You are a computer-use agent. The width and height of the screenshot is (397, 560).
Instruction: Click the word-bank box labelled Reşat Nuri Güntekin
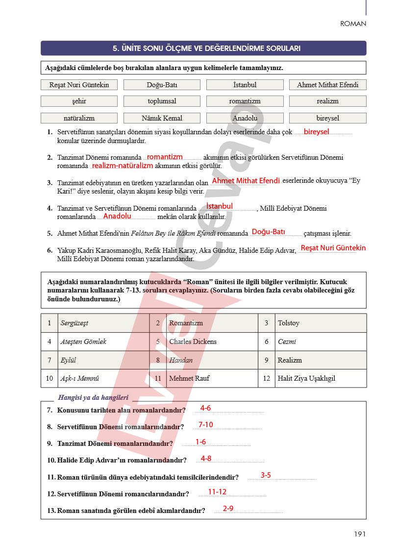[x=79, y=85]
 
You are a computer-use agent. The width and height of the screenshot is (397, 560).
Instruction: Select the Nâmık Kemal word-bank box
[x=162, y=118]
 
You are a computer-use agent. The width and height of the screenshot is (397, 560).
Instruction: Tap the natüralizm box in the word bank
[x=79, y=118]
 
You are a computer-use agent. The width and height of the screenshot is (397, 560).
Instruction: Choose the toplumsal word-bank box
[x=162, y=101]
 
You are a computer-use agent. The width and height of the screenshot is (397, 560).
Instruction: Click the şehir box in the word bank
[x=79, y=101]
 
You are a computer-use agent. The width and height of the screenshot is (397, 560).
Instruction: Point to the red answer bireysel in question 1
[x=316, y=132]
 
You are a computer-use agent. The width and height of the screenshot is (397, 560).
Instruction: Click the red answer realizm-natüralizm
[x=123, y=166]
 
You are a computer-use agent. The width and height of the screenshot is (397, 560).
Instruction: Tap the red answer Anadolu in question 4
[x=117, y=216]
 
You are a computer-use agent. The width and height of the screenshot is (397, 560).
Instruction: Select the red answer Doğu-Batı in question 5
[x=269, y=232]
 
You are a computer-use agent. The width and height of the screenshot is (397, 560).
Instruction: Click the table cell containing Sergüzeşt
[x=103, y=323]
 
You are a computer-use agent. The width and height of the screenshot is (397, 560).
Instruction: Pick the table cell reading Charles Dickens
[x=212, y=341]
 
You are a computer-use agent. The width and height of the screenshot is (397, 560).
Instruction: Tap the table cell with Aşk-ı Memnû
[x=103, y=378]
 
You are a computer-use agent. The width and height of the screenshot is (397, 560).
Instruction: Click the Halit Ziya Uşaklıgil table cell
[x=320, y=378]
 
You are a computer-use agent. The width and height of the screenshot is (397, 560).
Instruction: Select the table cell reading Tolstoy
[x=320, y=323]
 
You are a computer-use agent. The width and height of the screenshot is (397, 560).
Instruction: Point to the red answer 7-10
[x=206, y=425]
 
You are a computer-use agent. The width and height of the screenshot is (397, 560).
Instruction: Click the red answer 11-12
[x=217, y=492]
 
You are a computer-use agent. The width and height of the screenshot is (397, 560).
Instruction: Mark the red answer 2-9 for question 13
[x=228, y=509]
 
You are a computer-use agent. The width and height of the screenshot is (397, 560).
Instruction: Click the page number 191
[x=360, y=534]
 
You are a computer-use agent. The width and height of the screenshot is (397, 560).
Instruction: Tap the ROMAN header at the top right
[x=353, y=24]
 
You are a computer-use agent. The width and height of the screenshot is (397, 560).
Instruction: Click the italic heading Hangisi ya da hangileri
[x=93, y=398]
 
